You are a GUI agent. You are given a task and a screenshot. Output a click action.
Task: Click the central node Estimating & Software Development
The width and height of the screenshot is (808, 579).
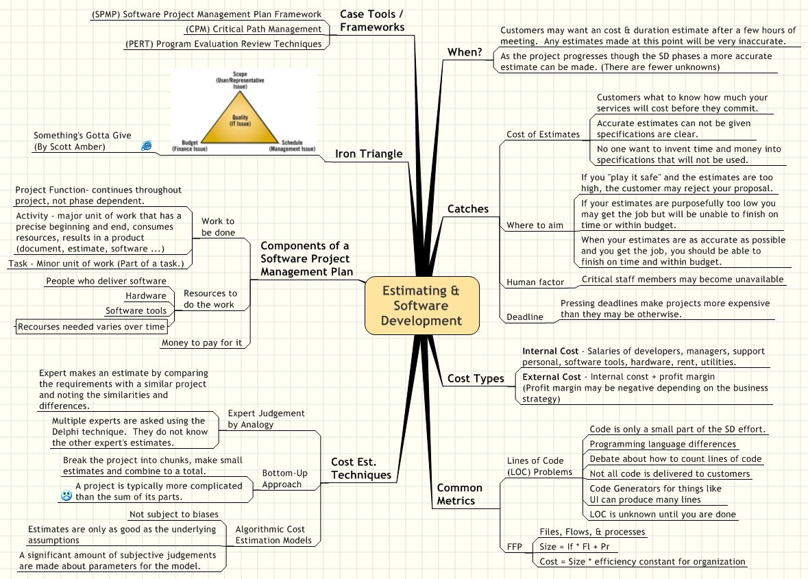(421, 306)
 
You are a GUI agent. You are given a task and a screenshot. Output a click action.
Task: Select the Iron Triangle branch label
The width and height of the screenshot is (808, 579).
(369, 153)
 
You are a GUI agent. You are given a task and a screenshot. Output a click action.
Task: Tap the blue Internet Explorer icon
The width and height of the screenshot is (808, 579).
(146, 145)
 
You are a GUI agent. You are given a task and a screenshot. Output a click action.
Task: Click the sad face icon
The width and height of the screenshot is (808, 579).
(66, 495)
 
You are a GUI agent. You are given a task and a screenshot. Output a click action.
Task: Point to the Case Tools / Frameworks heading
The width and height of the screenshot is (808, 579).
(371, 21)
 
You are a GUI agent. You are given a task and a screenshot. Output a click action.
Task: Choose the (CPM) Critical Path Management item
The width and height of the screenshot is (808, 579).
(253, 29)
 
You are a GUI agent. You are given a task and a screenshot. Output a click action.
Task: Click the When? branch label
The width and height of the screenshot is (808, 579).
(465, 52)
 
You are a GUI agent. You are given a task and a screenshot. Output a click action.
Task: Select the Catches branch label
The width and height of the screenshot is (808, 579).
(468, 208)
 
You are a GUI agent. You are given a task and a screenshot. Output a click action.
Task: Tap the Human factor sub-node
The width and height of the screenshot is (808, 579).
(535, 282)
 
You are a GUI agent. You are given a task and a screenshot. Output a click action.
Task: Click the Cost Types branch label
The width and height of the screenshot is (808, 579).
(476, 378)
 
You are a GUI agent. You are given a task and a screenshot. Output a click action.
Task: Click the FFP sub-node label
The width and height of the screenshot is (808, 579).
(515, 547)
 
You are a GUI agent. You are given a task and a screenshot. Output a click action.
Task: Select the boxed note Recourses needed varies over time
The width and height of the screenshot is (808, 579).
(91, 327)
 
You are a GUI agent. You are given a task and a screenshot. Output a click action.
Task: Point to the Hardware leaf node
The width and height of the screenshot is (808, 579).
(145, 296)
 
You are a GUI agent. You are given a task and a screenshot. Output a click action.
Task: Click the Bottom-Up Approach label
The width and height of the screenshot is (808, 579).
(282, 478)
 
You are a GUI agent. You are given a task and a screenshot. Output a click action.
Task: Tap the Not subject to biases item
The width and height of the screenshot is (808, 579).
(173, 514)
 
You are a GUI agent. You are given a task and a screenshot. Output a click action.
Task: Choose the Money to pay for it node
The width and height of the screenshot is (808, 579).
(201, 342)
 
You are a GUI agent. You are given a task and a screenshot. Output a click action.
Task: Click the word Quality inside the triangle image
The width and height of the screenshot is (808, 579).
(240, 117)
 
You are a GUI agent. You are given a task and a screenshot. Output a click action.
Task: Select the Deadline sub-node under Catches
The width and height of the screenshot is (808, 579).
(525, 317)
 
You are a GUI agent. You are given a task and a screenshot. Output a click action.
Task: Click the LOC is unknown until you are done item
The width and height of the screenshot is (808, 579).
(663, 514)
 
